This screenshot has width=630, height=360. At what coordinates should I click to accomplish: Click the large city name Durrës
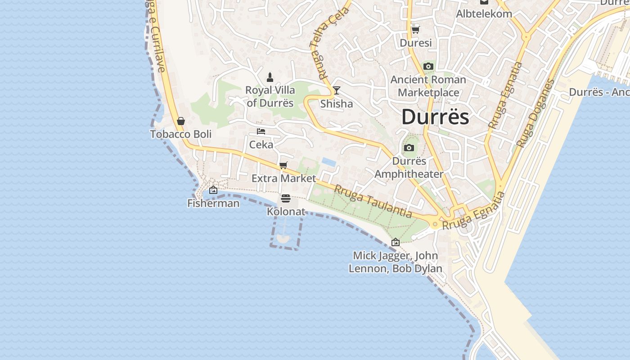point(435,117)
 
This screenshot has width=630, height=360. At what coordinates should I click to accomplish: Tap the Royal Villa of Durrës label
point(270,96)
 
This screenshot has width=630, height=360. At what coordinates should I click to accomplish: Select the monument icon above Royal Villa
point(270,77)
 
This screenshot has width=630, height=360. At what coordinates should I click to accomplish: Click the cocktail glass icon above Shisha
point(336,90)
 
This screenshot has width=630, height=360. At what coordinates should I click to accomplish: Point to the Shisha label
point(337,104)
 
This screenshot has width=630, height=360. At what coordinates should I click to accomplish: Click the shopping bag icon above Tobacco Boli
point(181,121)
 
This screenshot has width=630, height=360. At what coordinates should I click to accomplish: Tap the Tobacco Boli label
point(181,134)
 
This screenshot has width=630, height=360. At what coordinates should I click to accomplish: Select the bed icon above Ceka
point(261,131)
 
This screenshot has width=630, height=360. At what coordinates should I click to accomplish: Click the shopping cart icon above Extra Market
point(283,165)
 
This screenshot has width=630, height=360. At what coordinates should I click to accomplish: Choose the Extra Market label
point(283,178)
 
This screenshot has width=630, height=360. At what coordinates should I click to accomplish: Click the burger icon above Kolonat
point(286,198)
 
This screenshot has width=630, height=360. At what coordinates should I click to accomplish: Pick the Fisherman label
point(213,203)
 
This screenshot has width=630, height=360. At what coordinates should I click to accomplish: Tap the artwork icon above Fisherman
point(213,190)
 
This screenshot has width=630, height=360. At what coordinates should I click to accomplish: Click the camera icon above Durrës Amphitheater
point(409,148)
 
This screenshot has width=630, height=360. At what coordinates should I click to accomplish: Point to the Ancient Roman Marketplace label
point(428,86)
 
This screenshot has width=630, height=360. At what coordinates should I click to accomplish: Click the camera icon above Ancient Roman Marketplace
point(428,67)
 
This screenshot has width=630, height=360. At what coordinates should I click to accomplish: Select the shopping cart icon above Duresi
point(416,30)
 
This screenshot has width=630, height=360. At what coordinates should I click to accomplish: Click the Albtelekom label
point(484,13)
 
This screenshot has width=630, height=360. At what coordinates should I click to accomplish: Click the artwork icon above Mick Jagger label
point(396,242)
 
